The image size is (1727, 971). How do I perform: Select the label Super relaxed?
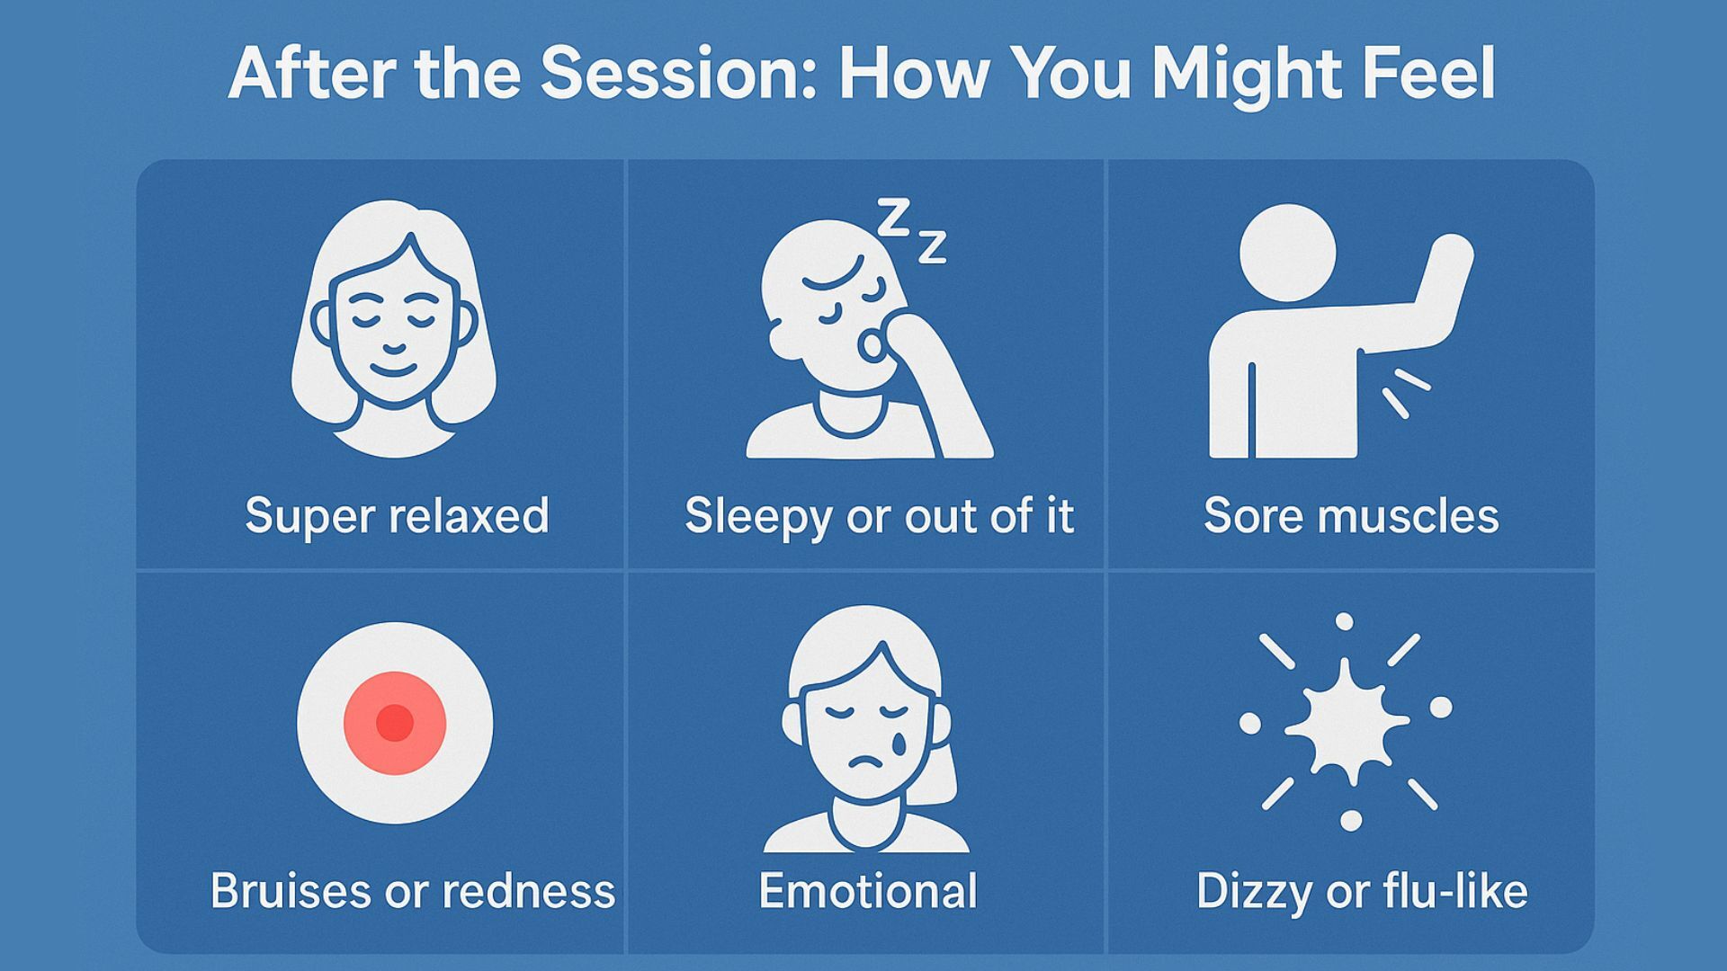tap(397, 517)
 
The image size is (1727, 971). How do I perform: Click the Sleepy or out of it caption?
tap(879, 517)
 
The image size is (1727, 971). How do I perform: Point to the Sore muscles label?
tap(1351, 516)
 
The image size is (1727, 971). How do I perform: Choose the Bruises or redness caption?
tap(413, 891)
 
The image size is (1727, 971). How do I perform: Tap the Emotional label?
tap(867, 891)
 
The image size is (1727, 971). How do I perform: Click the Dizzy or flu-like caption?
tap(1362, 892)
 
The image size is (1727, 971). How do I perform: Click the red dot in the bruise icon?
tap(394, 722)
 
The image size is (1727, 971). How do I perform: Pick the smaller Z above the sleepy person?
tap(932, 246)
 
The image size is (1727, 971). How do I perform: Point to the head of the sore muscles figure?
tap(1288, 253)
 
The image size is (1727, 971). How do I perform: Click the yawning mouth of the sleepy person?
tap(869, 345)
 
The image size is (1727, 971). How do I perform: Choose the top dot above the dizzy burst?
tap(1344, 622)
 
